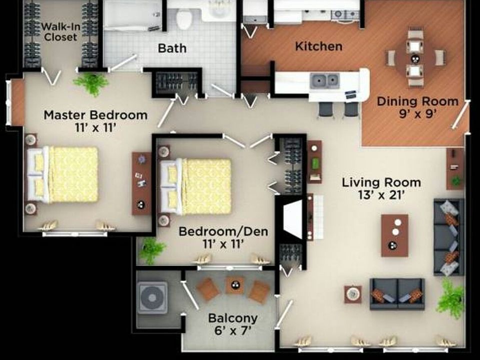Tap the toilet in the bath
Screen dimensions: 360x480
tap(184, 19)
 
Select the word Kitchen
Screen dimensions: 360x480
tap(318, 46)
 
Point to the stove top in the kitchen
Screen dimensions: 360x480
tap(345, 14)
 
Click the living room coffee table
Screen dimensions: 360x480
tap(394, 235)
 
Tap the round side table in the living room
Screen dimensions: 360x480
tap(353, 294)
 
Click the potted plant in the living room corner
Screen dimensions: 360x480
tap(451, 298)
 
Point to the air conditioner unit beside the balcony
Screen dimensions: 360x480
tap(153, 298)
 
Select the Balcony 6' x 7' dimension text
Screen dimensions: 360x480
tap(232, 323)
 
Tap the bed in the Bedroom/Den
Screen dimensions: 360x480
tap(199, 186)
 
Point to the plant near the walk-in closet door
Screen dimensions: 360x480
tap(91, 83)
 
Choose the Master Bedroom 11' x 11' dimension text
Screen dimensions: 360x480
tap(95, 121)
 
